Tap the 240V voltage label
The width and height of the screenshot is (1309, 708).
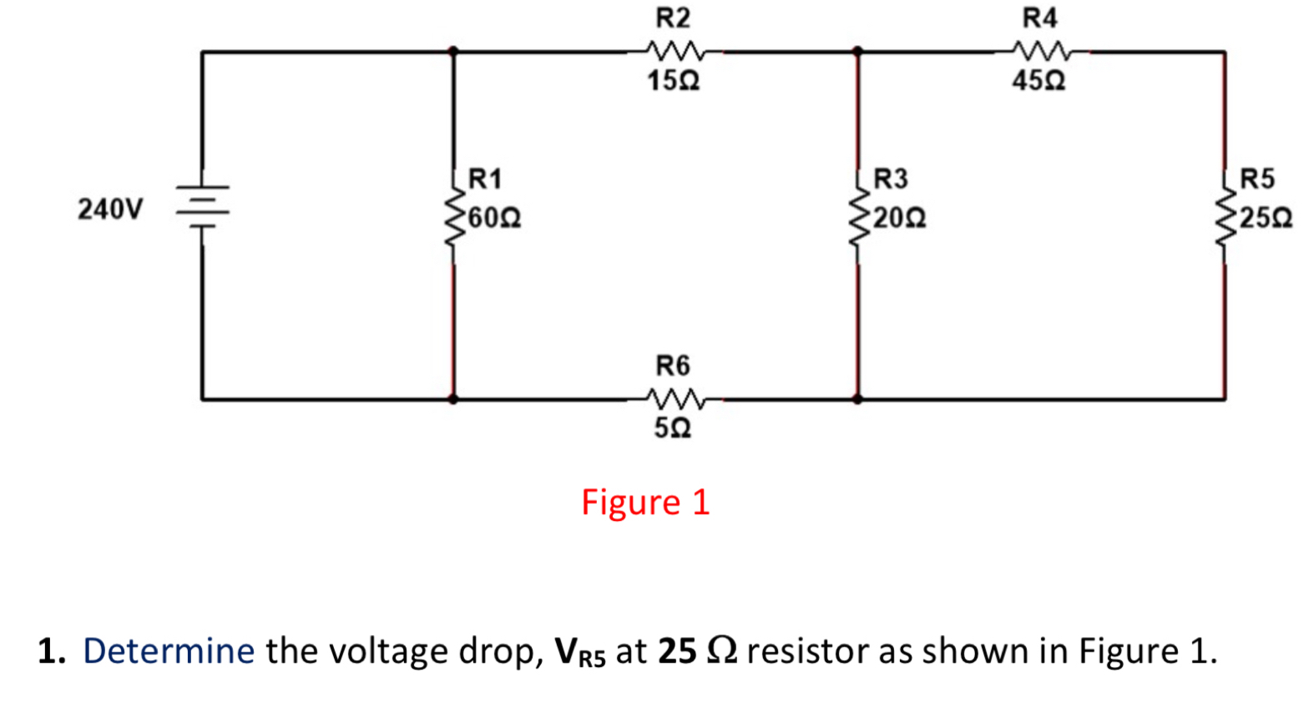coord(110,209)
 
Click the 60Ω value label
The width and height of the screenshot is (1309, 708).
coord(495,219)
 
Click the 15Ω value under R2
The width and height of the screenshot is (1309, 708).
coord(673,81)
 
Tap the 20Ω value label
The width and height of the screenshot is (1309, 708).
coord(900,219)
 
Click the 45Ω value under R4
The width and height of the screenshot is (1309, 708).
coord(1039,81)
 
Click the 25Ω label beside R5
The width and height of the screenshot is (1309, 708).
coord(1266,219)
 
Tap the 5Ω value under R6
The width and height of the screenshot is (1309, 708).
coord(672,428)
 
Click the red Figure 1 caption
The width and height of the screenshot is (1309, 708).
coord(645,503)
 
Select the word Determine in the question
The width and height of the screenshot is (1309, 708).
coord(169,651)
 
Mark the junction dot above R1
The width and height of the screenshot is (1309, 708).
coord(453,52)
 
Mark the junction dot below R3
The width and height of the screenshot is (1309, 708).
coord(857,399)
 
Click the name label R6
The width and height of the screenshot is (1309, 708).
coord(673,366)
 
